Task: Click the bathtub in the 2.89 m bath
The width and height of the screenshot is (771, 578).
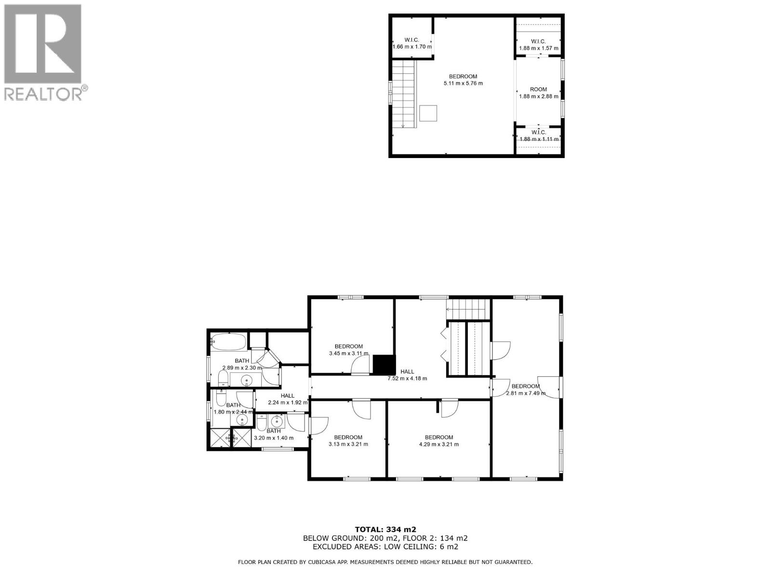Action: (229, 342)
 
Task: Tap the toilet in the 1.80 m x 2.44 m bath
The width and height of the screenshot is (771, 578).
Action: (221, 399)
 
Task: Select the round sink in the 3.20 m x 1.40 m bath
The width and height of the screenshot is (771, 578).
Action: (277, 421)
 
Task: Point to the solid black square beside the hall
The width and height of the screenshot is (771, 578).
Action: (384, 365)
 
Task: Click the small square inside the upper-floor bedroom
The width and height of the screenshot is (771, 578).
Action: (428, 113)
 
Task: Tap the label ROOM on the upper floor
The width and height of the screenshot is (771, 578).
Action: (538, 90)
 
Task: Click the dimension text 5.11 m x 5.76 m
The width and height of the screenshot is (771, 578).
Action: (463, 83)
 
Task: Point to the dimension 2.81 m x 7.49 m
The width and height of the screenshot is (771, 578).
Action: (525, 394)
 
